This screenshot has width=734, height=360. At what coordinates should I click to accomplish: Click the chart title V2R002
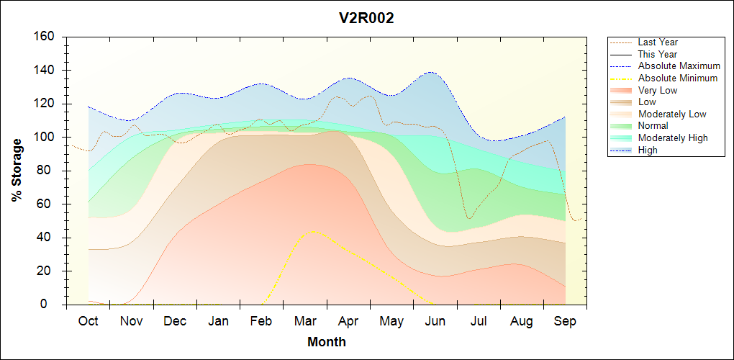coord(366,18)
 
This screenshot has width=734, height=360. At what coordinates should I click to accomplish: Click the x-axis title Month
coord(327,342)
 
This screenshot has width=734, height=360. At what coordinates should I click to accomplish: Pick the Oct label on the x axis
coord(89,321)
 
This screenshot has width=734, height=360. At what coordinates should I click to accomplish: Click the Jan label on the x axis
coord(218,321)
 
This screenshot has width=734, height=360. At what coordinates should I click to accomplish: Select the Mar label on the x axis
coord(306,321)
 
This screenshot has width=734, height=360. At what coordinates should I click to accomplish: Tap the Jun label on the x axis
coord(436,321)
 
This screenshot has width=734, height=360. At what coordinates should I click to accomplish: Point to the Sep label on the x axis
coord(566,321)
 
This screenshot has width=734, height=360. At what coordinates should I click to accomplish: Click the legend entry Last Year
coord(658,42)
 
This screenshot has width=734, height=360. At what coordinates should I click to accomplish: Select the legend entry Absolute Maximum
coord(679,66)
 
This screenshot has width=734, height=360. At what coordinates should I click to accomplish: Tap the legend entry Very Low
coord(658,90)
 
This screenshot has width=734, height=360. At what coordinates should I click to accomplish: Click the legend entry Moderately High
coord(673,138)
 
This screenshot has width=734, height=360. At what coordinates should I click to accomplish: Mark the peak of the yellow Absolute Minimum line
coord(311,231)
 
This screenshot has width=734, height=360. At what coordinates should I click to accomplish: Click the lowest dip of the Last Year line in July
coord(468,218)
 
